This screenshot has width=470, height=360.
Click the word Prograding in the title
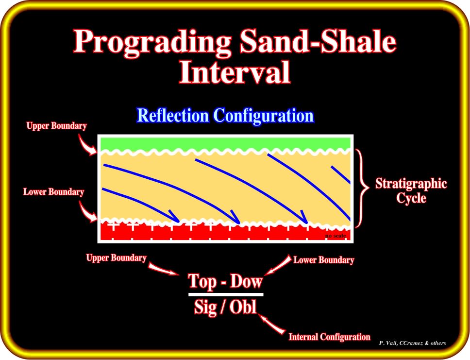tap(152, 42)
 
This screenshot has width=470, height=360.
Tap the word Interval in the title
tap(235, 72)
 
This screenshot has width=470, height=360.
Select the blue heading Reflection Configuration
tap(225, 116)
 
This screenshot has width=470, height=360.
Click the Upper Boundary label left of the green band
tap(56, 126)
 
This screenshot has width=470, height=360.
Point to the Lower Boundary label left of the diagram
tap(53, 192)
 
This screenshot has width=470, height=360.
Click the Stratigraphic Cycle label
tap(411, 190)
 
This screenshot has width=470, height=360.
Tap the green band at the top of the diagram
tap(225, 143)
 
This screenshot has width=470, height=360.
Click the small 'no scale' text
tap(336, 236)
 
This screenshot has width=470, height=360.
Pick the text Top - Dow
tap(225, 281)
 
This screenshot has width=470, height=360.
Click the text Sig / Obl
tap(225, 307)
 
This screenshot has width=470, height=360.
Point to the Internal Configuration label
tap(329, 337)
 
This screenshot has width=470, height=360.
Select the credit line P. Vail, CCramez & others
tap(412, 343)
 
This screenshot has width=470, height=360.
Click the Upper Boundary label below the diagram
tap(117, 258)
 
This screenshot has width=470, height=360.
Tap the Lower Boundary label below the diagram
tap(324, 260)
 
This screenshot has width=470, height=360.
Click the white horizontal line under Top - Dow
tap(226, 294)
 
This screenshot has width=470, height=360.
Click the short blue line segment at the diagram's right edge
tap(340, 174)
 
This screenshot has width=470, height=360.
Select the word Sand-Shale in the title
tap(318, 42)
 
